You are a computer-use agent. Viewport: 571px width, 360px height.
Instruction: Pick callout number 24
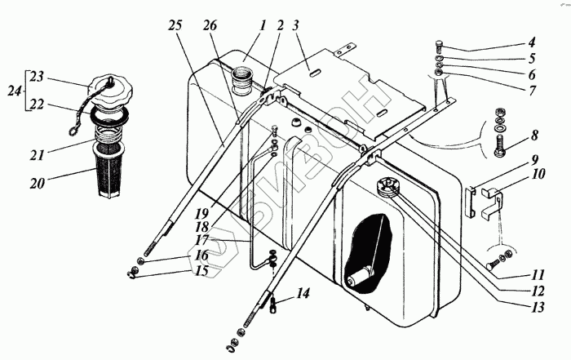coord(11,92)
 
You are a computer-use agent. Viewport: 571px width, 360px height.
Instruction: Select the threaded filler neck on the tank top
coord(244,84)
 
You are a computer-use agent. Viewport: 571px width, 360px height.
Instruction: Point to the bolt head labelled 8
coord(498,150)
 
